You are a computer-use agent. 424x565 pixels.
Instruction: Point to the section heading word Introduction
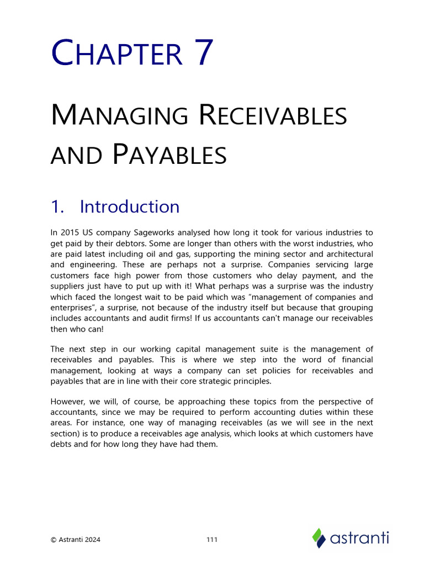tap(130, 206)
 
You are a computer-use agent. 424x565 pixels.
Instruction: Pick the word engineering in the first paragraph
tap(91, 264)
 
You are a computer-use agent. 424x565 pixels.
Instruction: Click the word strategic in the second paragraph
tap(199, 381)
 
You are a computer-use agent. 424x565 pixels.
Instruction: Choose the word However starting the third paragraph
tap(67, 402)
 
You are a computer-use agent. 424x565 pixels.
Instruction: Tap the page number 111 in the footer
tap(212, 540)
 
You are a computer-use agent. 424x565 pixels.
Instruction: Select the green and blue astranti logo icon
tap(319, 538)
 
